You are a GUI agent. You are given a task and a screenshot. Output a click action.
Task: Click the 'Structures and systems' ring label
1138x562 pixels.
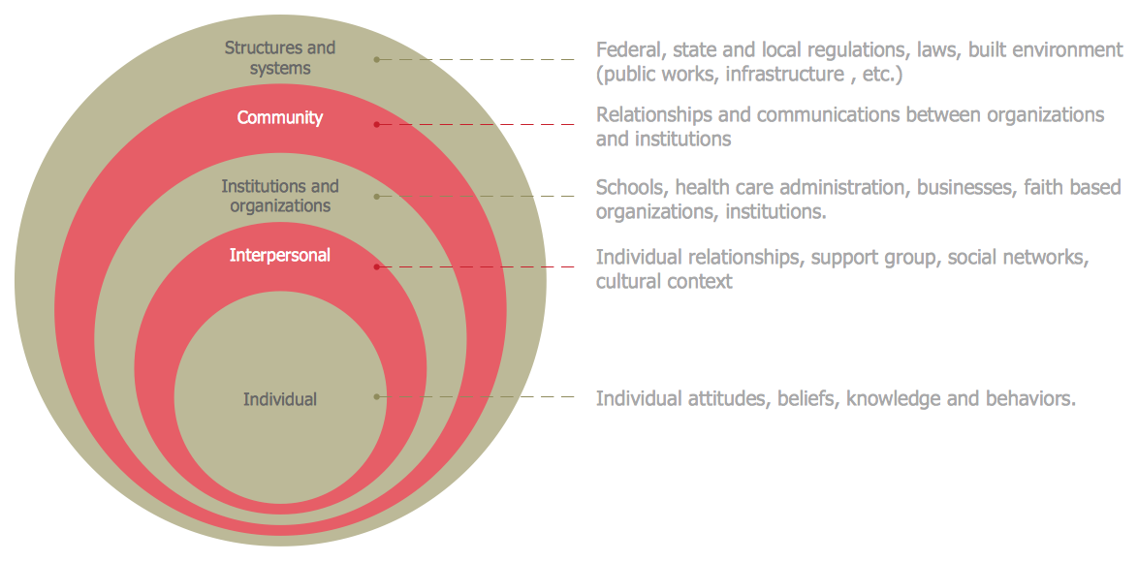[x=280, y=58]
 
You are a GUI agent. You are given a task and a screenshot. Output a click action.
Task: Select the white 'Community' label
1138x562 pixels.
[x=280, y=118]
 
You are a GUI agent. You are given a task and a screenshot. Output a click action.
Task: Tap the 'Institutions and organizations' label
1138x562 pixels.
[x=280, y=196]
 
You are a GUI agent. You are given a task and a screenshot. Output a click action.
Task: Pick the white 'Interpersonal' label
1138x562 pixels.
[x=280, y=256]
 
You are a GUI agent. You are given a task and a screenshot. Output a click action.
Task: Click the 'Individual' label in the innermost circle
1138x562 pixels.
[x=280, y=399]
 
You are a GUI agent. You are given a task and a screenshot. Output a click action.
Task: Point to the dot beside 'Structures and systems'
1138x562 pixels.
[x=377, y=60]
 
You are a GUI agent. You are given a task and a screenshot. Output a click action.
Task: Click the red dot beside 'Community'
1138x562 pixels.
[x=377, y=124]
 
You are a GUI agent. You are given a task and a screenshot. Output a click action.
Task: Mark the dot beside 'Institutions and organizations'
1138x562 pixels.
[x=377, y=197]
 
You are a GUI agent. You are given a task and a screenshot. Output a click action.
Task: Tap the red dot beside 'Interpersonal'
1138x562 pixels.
[x=377, y=266]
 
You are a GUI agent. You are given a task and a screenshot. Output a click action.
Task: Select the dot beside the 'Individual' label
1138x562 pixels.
[x=377, y=396]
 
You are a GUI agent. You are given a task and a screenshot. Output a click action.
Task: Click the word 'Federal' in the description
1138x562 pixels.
[x=628, y=49]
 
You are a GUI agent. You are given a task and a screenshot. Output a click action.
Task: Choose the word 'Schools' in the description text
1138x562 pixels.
[x=631, y=187]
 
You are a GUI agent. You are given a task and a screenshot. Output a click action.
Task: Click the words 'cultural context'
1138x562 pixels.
[x=664, y=282]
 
